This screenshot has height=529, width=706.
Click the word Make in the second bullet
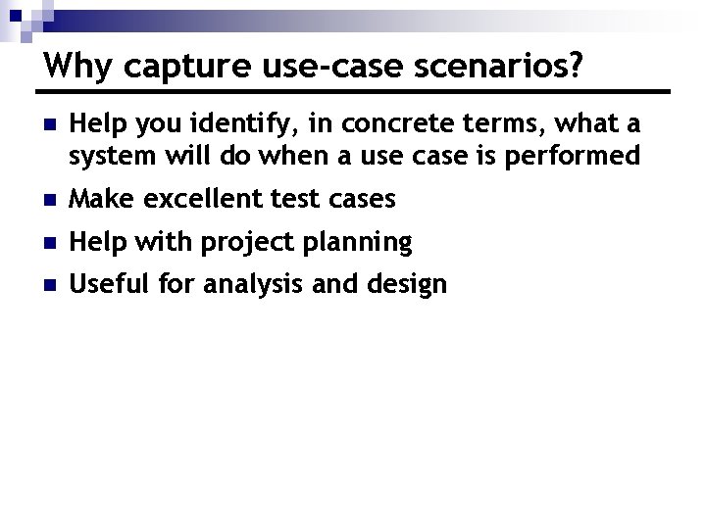coord(99,199)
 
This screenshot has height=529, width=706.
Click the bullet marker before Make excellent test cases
coord(50,200)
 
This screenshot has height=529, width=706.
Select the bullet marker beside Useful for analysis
coord(50,286)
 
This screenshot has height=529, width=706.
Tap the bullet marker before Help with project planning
coord(50,243)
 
